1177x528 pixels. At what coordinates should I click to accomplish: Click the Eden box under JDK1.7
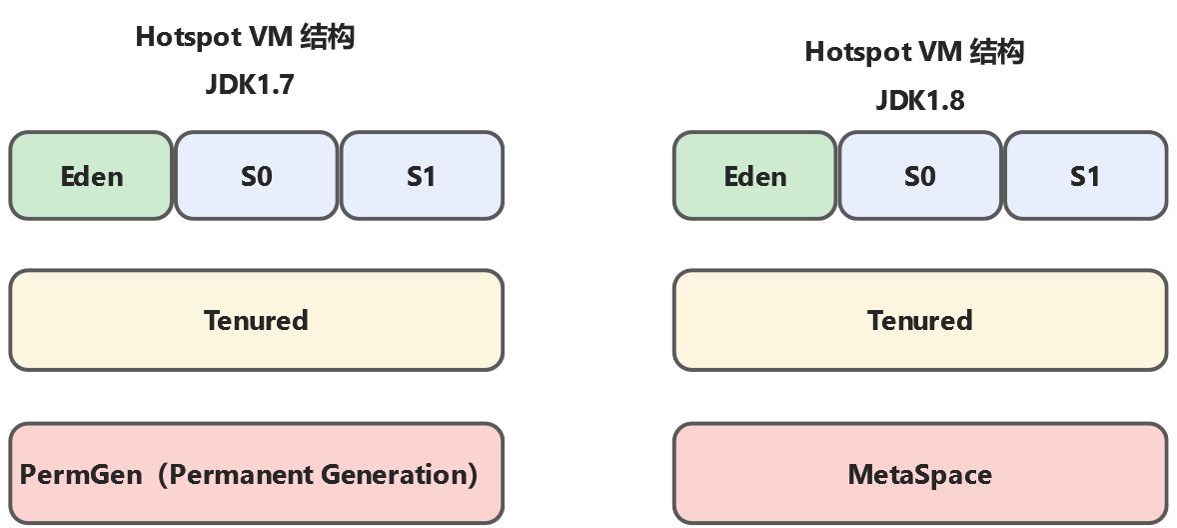pyautogui.click(x=91, y=176)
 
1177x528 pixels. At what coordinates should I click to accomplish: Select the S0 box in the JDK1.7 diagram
pyautogui.click(x=257, y=176)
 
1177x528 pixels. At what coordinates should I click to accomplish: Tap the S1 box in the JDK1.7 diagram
pyautogui.click(x=422, y=176)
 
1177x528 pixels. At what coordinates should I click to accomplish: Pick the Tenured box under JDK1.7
pyautogui.click(x=256, y=320)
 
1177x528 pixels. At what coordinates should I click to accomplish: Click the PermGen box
pyautogui.click(x=256, y=473)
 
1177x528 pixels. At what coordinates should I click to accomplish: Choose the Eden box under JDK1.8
pyautogui.click(x=754, y=176)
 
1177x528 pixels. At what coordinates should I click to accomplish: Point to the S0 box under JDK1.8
pyautogui.click(x=920, y=176)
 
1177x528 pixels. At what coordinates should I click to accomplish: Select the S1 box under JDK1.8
pyautogui.click(x=1085, y=176)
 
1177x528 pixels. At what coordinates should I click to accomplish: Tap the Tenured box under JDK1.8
pyautogui.click(x=919, y=320)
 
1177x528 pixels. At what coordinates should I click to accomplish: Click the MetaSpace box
pyautogui.click(x=919, y=473)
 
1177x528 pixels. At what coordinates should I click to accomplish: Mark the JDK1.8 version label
pyautogui.click(x=919, y=100)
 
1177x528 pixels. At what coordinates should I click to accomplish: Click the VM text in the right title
pyautogui.click(x=937, y=52)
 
